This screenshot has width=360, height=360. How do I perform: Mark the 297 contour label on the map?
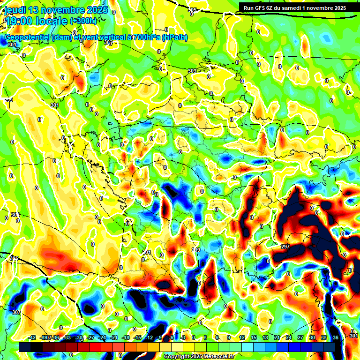pyautogui.click(x=285, y=246)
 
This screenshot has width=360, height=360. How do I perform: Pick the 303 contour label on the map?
pyautogui.click(x=192, y=71)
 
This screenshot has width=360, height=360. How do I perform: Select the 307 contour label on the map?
pyautogui.click(x=16, y=312)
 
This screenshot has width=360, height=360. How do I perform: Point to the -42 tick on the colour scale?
pyautogui.click(x=32, y=337)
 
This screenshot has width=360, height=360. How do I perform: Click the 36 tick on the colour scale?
pyautogui.click(x=336, y=337)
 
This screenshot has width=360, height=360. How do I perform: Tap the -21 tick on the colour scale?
pyautogui.click(x=114, y=337)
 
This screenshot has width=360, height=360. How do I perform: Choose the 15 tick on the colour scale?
pyautogui.click(x=254, y=337)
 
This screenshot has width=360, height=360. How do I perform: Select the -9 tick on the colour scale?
pyautogui.click(x=159, y=337)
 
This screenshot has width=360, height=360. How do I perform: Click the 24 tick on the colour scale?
pyautogui.click(x=289, y=337)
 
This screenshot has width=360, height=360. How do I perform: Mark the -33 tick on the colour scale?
pyautogui.click(x=67, y=337)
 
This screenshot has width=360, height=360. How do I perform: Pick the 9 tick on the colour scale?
pyautogui.click(x=229, y=337)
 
